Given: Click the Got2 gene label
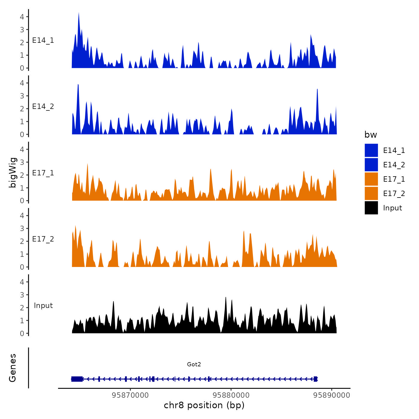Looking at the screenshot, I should pos(194,364).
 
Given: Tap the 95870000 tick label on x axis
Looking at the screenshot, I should pos(130,395).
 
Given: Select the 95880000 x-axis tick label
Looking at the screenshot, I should pos(231,395).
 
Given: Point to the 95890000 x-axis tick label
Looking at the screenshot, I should pos(332,395).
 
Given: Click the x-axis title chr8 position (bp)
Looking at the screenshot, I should pos(204,406).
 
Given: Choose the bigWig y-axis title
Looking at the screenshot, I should pos(13,172).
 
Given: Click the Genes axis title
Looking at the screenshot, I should pos(13,368).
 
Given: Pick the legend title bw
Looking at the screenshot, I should pos(371,135).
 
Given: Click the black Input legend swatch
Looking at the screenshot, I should pos(371,208).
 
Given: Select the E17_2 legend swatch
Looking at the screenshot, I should pos(371,194).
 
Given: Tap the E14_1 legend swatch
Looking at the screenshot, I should pos(371,151).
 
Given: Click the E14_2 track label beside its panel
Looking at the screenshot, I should pos(43,107).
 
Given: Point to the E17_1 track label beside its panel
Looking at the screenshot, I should pos(43,173).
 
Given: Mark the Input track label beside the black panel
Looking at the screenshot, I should pos(43,306).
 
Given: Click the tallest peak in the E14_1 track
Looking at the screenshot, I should pos(79,13).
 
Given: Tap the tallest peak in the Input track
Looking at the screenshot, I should pos(226,298).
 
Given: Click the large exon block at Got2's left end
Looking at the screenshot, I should pos(77,379).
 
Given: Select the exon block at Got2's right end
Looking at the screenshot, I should pos(315,379).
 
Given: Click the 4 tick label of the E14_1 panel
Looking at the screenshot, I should pos(22,17).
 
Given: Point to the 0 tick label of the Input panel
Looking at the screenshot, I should pos(22,333).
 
